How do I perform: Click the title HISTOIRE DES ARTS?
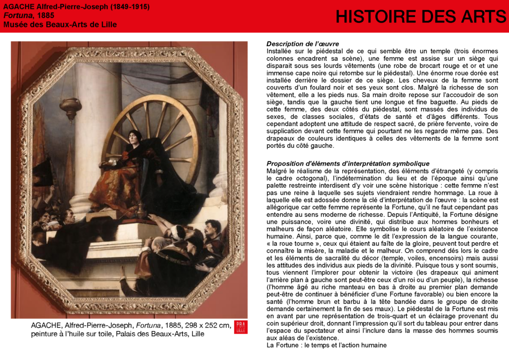(x=421, y=17)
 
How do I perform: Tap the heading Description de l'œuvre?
(x=302, y=44)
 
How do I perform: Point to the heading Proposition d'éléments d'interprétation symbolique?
(x=347, y=164)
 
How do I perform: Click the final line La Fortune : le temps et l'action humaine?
(x=326, y=345)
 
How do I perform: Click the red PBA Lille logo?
(x=241, y=327)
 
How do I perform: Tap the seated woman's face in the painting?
(x=133, y=137)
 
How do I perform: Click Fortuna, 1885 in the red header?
(x=29, y=15)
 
